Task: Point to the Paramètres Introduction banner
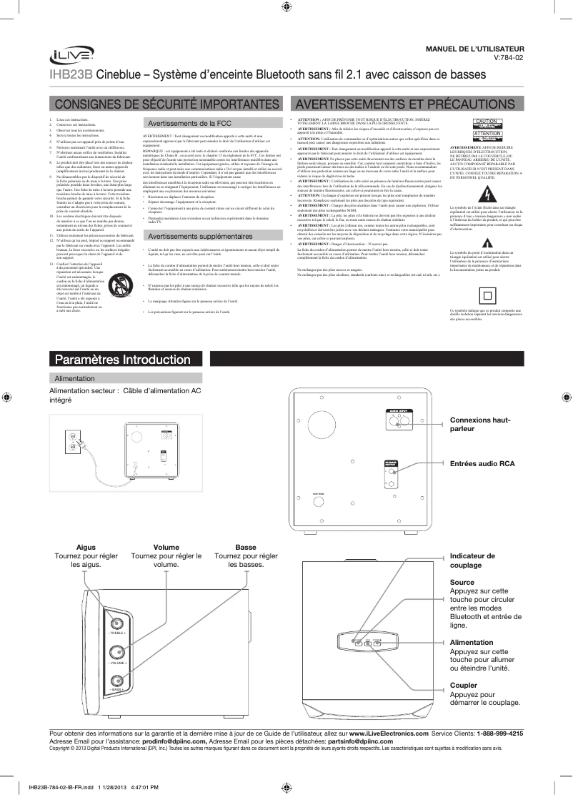click(x=119, y=359)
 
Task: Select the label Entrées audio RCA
click(x=482, y=464)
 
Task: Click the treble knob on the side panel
click(x=116, y=620)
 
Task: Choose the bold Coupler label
click(x=464, y=685)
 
